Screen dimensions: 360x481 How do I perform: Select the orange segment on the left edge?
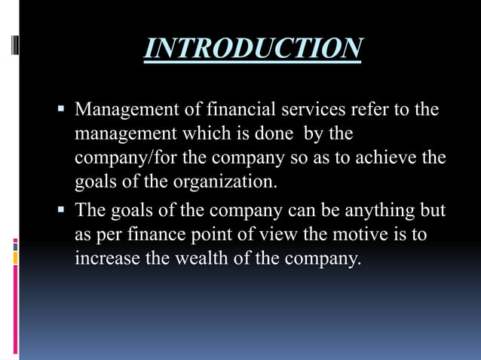pyautogui.click(x=15, y=258)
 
